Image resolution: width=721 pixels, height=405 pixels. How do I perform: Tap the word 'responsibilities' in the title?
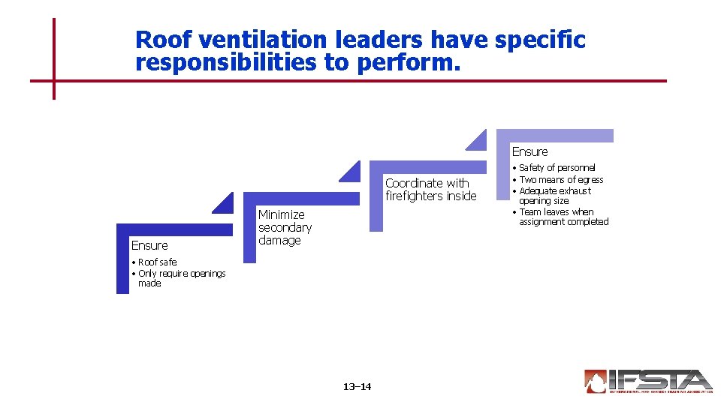pos(226,63)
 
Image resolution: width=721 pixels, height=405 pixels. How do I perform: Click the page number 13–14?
pos(357,387)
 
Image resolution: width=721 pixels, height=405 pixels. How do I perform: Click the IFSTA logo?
pos(647,381)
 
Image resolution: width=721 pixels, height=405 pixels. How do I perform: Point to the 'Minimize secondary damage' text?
pos(285,227)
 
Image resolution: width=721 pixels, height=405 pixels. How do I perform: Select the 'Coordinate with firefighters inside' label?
pos(430,190)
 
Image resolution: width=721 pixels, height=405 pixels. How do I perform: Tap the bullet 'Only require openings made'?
pos(181,278)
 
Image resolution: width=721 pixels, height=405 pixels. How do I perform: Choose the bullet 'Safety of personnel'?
pos(557,168)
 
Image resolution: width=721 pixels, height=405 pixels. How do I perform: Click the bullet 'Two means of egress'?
pos(561,179)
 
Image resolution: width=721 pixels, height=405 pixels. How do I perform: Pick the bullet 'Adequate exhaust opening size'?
pos(554,196)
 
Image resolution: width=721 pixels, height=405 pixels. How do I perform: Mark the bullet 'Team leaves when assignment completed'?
pos(563,217)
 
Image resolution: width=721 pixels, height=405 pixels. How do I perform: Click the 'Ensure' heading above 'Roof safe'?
pos(149,245)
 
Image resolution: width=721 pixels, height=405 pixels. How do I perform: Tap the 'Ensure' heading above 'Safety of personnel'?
pos(529,151)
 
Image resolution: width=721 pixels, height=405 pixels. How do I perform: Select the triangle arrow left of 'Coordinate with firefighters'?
pos(351,172)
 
